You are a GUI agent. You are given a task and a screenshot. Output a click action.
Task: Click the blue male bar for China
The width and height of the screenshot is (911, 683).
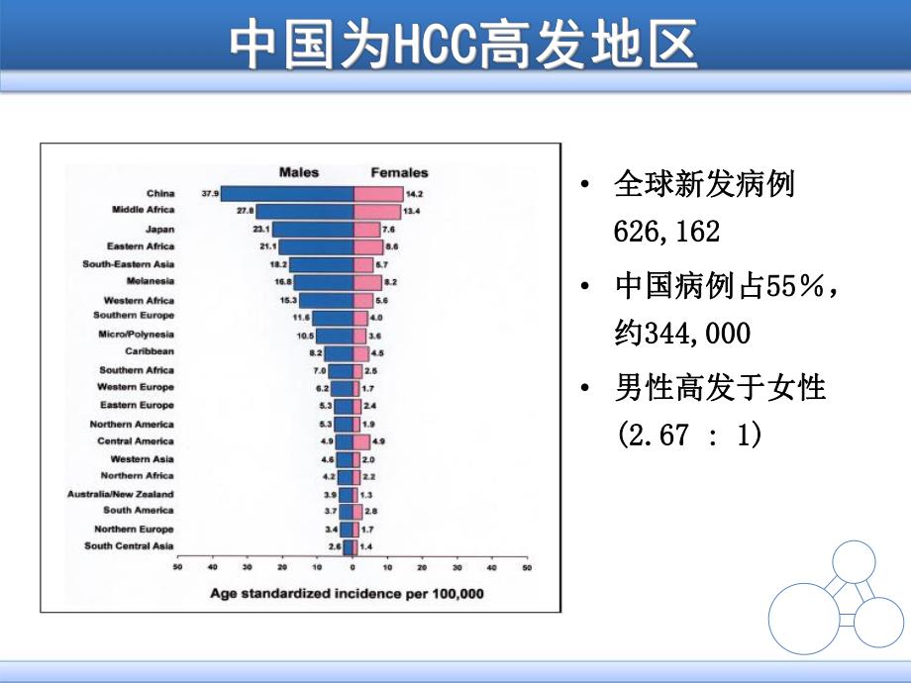pos(287,194)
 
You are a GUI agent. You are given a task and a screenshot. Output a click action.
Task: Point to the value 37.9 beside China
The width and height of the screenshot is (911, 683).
pos(209,194)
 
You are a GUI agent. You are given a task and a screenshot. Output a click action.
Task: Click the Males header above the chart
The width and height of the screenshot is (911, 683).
pos(298,172)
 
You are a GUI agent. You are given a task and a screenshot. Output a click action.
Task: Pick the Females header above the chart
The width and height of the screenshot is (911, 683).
pos(399,172)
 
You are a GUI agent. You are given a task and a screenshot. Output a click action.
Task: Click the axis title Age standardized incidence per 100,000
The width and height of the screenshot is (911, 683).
pos(347,594)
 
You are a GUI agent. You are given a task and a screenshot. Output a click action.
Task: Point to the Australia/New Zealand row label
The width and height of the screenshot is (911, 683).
pos(120,493)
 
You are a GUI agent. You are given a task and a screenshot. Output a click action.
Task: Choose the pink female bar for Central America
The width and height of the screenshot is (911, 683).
pos(361,441)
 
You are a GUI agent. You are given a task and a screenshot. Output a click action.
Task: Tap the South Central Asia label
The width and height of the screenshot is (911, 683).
pos(129,546)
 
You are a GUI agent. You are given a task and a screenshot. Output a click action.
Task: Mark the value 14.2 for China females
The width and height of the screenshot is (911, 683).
pos(417,194)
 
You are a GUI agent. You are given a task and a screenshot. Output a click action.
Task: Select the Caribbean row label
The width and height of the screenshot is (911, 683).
pos(150,351)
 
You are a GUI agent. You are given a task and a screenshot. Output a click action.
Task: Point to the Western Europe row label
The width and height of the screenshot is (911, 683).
pos(136,387)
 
